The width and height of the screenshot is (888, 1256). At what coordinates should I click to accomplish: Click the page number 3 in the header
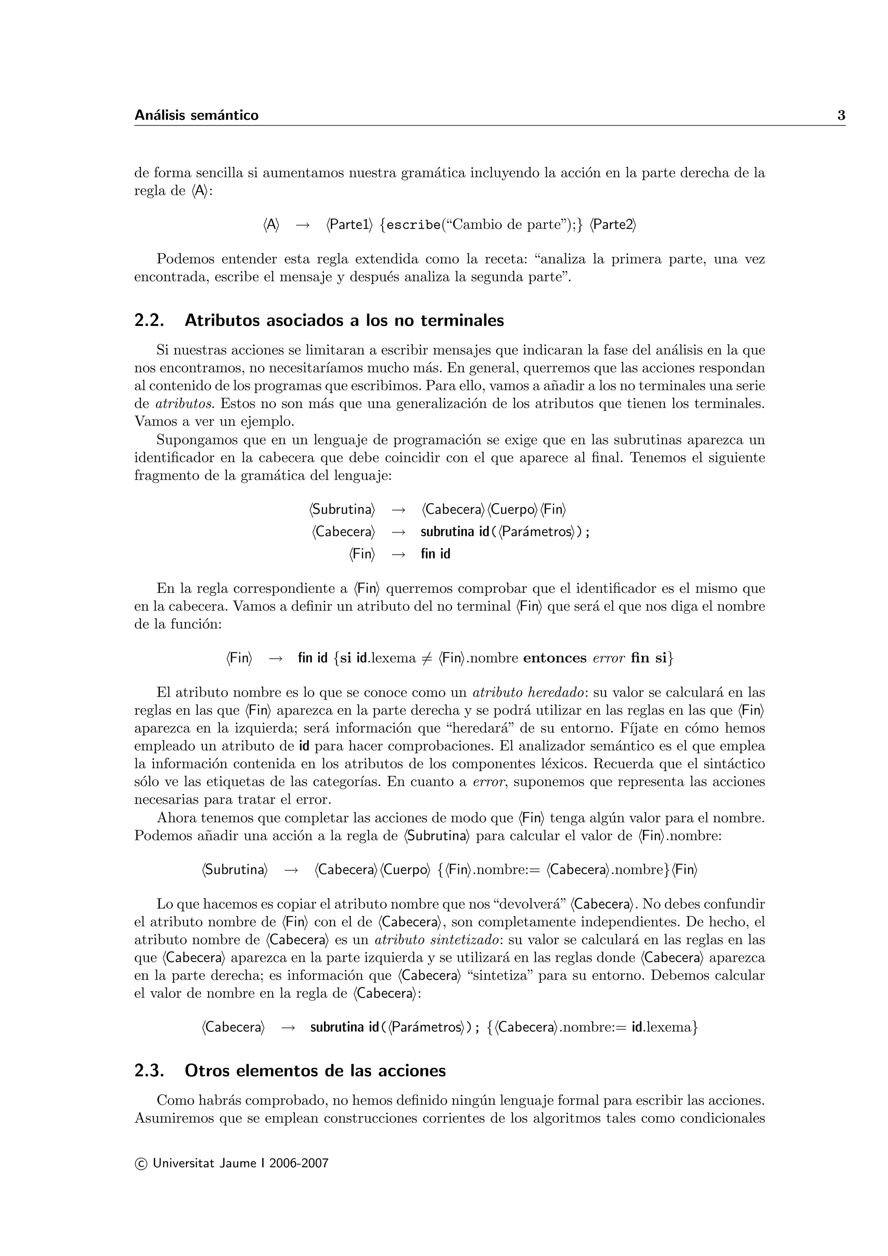(841, 115)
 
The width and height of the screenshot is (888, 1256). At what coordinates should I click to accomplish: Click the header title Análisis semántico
(196, 115)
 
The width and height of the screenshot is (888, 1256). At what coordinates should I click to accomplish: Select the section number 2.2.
(149, 321)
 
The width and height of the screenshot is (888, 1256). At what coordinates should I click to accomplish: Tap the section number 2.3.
(149, 1070)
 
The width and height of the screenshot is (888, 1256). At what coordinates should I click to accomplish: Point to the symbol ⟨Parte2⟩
(613, 225)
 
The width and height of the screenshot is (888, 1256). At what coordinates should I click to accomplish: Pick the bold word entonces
(555, 657)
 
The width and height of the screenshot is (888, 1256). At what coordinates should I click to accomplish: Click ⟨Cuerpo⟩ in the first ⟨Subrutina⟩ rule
(513, 510)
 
